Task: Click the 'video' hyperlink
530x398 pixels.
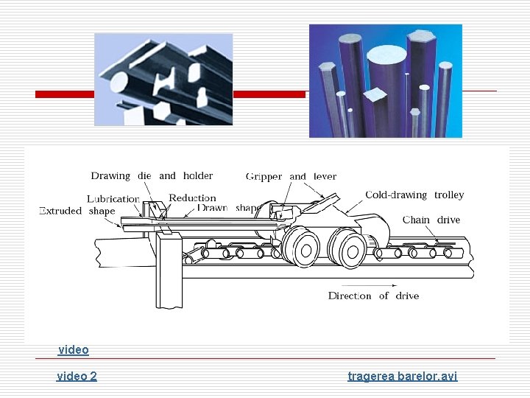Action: point(73,350)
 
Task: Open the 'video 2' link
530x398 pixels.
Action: point(77,377)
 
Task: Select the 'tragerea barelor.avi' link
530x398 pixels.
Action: point(402,377)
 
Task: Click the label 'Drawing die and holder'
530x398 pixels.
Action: point(152,176)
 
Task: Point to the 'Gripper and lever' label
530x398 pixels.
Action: point(291,177)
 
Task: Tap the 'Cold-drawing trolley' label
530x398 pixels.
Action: point(414,195)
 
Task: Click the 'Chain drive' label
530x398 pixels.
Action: point(431,220)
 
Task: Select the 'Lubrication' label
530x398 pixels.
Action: point(113,199)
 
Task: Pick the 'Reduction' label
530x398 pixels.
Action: point(192,198)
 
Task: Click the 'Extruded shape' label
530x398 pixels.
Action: point(77,211)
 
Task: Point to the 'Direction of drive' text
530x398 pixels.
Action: point(373,296)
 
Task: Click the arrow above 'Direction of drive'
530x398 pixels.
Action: point(369,284)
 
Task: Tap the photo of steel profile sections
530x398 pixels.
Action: point(163,79)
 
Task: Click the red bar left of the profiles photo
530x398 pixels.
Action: point(64,94)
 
